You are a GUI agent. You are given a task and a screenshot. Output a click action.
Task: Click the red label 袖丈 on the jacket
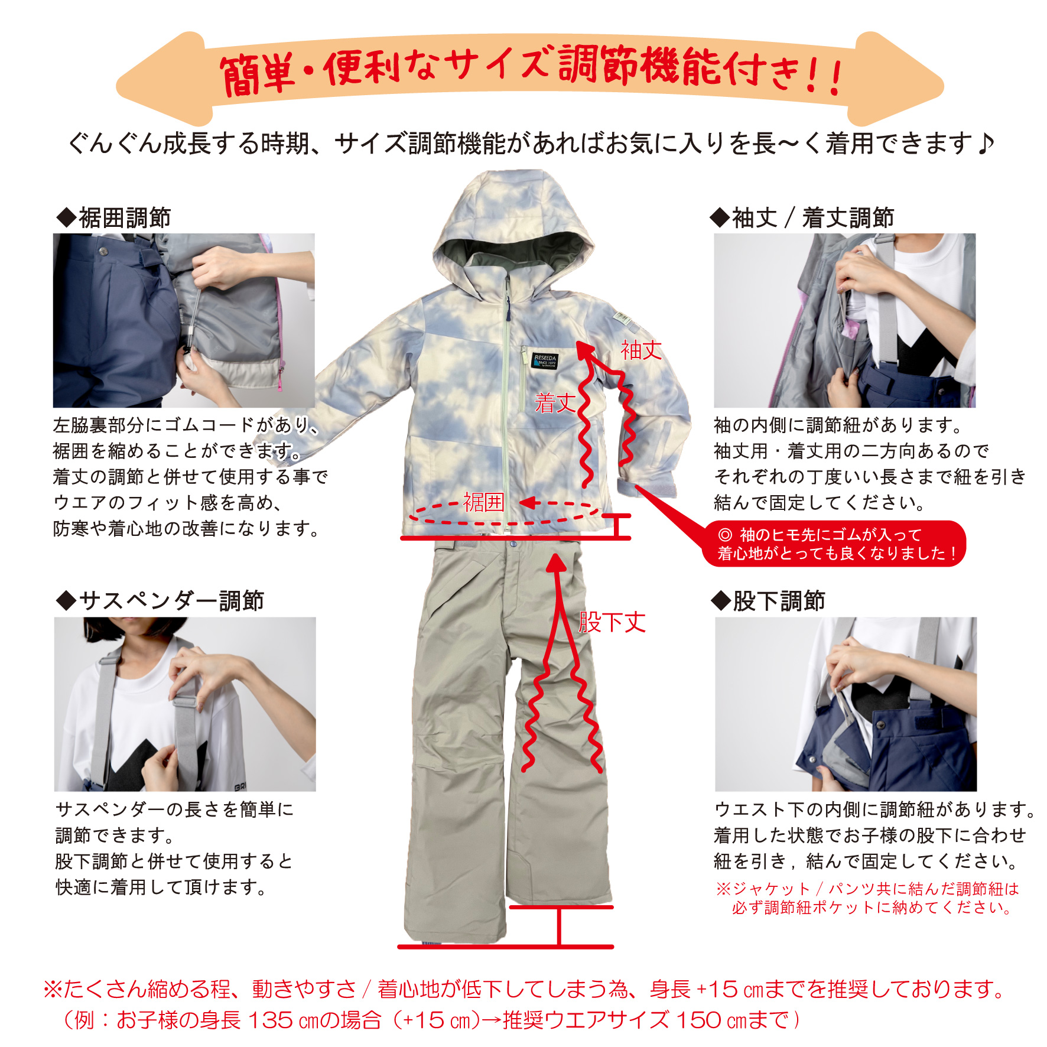(641, 350)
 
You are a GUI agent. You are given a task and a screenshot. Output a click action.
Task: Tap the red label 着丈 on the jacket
(555, 403)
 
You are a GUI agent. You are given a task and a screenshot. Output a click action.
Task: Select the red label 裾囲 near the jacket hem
(483, 502)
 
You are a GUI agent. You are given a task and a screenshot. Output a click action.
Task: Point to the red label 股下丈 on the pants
(612, 622)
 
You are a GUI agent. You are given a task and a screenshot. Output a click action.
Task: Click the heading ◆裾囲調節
(113, 217)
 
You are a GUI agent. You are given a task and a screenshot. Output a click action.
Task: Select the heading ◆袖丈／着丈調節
(802, 217)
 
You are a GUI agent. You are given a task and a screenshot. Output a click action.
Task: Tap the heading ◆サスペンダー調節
(160, 601)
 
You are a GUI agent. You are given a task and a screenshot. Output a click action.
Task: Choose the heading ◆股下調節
(768, 601)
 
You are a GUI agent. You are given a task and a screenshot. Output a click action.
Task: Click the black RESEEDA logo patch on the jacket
(545, 360)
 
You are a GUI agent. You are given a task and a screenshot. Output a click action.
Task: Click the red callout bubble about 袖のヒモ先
(834, 544)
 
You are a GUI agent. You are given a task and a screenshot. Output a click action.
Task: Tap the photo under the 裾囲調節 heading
(184, 320)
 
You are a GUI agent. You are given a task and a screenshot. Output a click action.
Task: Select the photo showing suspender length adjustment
(185, 704)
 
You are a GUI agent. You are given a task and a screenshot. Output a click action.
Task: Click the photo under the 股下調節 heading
(846, 704)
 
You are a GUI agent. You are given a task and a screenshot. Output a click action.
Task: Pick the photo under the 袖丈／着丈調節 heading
(845, 320)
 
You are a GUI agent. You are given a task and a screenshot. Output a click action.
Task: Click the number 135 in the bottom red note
(270, 1020)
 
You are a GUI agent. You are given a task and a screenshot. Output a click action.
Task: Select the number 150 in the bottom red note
(698, 1020)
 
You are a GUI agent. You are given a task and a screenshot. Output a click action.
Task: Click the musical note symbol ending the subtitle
(985, 144)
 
